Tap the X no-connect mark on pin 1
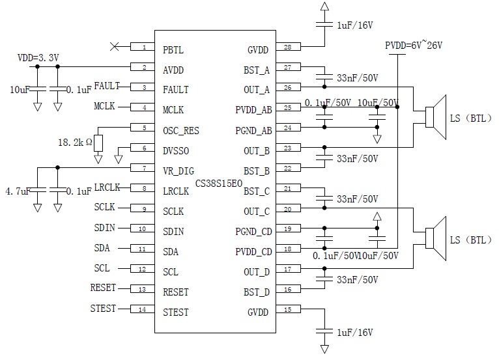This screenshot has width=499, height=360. (x=115, y=46)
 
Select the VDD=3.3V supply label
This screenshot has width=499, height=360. (x=38, y=58)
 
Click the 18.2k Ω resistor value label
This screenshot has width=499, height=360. (x=76, y=141)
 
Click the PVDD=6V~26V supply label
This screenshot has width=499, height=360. (x=414, y=46)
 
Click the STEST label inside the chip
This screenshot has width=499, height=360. (x=176, y=312)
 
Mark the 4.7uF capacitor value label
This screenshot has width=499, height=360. (x=16, y=192)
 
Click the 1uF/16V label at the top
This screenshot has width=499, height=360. (x=354, y=25)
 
